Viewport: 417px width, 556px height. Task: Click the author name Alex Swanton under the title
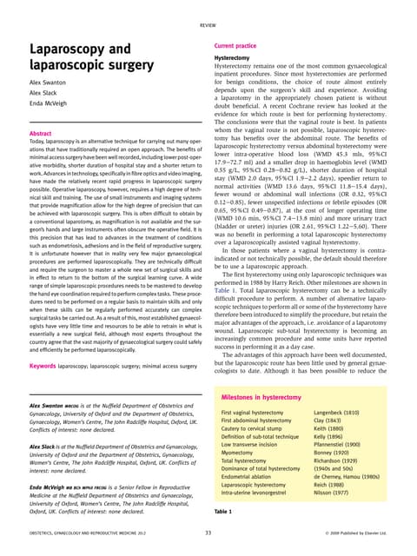pyautogui.click(x=52, y=83)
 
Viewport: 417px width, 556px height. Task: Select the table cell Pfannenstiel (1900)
pyautogui.click(x=342, y=442)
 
